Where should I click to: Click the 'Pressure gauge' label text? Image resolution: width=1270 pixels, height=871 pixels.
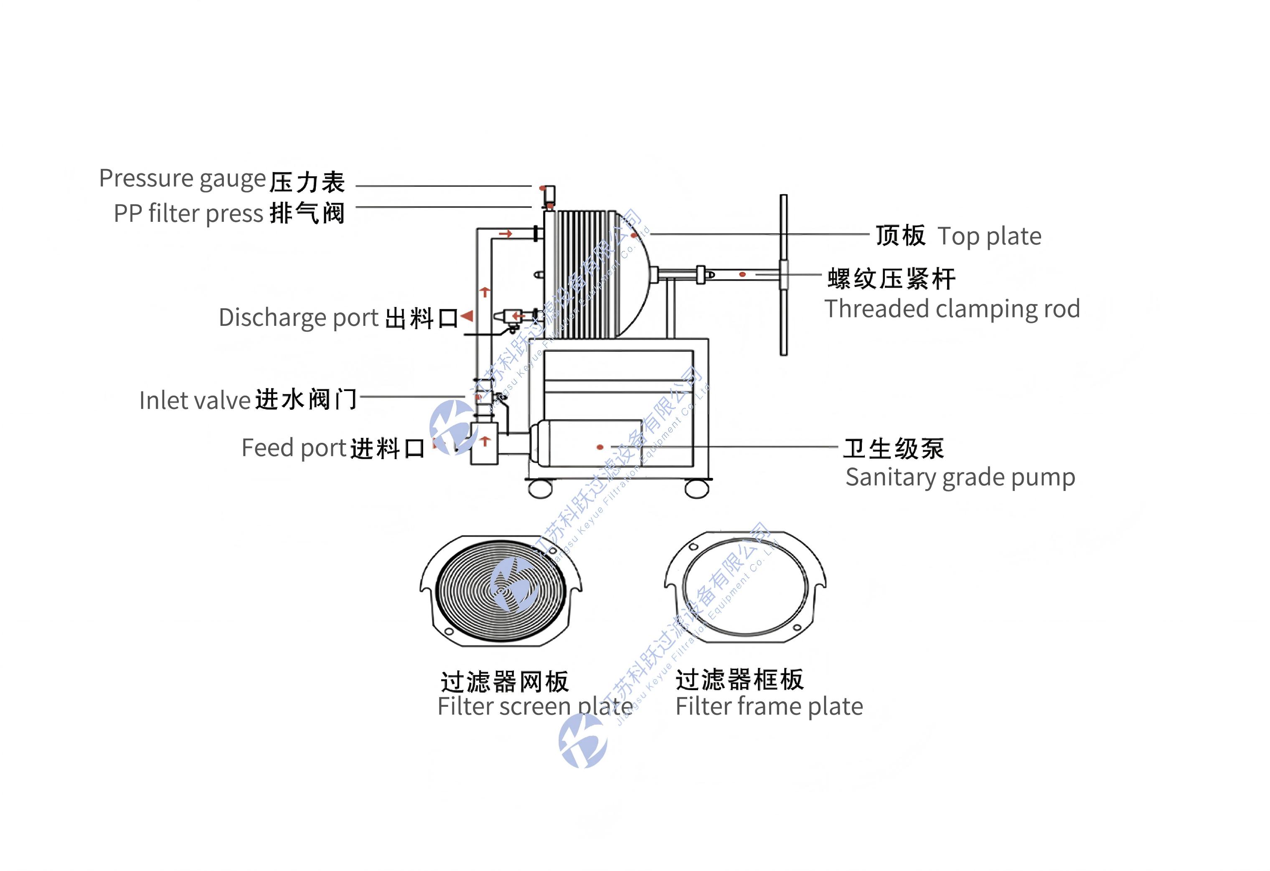click(182, 179)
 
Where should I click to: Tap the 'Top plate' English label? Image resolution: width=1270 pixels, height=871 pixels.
click(989, 236)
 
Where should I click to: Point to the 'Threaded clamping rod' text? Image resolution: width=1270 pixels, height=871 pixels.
click(952, 309)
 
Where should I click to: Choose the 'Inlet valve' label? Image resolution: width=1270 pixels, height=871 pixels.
click(195, 401)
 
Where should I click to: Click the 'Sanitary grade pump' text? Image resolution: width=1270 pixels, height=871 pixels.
click(960, 477)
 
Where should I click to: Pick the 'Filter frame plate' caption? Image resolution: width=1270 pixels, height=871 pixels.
click(769, 706)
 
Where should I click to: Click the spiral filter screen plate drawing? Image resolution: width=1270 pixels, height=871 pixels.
click(501, 590)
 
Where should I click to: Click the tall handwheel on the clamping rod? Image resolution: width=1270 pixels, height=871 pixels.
click(784, 275)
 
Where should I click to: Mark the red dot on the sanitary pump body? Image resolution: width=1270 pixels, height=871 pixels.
click(600, 447)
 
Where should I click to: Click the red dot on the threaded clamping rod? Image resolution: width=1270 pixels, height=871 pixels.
click(742, 274)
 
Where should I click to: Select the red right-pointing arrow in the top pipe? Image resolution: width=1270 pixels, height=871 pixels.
click(505, 234)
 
